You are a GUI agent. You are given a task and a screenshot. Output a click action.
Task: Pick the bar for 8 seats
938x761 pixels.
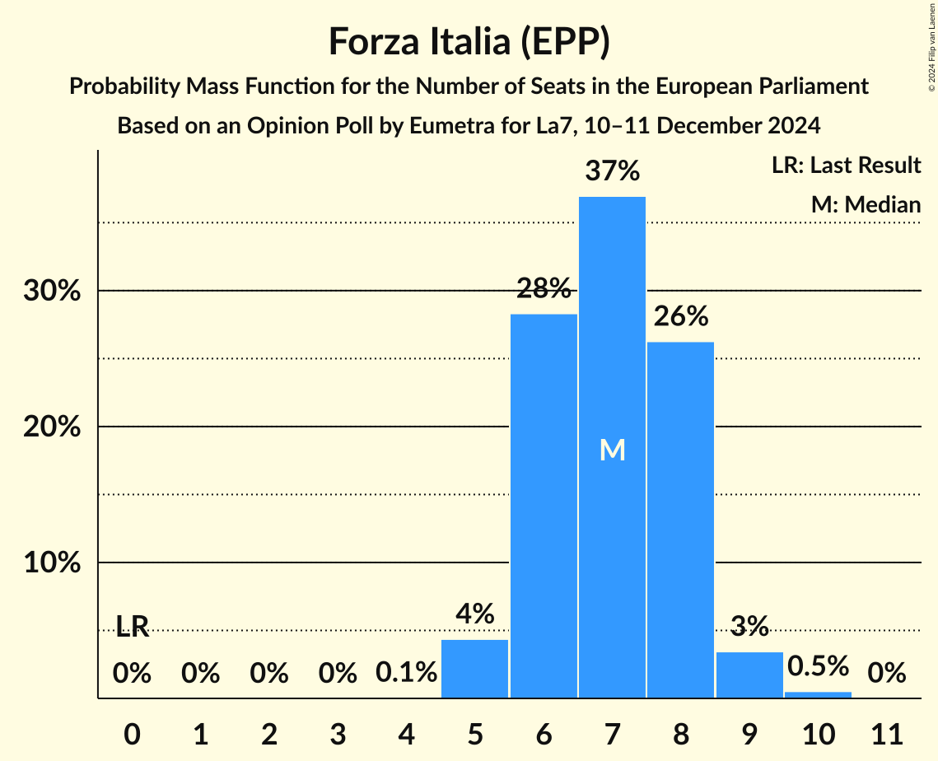pos(680,519)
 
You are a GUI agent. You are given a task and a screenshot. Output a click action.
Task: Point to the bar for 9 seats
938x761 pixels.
pos(749,675)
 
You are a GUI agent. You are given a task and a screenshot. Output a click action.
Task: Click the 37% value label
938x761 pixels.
pos(612,172)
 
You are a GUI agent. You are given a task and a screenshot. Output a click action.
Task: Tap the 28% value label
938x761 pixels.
pos(544,289)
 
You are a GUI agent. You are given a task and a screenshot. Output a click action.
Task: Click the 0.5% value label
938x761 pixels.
pos(818,665)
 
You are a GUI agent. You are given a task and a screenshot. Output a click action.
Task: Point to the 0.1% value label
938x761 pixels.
pos(406,674)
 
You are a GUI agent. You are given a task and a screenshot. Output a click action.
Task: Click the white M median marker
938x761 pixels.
pos(612,450)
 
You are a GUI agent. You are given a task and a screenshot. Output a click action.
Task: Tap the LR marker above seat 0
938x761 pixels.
pos(132,627)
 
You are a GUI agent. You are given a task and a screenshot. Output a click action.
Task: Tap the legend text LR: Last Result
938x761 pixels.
pos(846,166)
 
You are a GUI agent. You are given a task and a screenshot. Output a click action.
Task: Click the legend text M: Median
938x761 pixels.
pos(866,204)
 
